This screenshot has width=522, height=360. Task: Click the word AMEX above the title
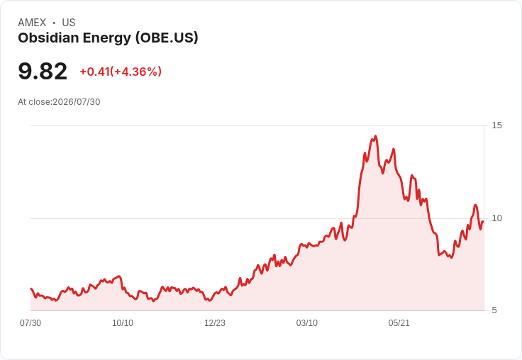pyautogui.click(x=32, y=23)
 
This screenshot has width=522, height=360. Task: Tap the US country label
pyautogui.click(x=69, y=23)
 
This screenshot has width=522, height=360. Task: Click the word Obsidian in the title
pyautogui.click(x=48, y=38)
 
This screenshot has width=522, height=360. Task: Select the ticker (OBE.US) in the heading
pyautogui.click(x=167, y=38)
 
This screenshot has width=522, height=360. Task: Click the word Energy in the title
pyautogui.click(x=107, y=39)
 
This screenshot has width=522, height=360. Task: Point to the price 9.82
pyautogui.click(x=43, y=71)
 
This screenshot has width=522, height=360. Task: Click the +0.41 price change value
pyautogui.click(x=94, y=72)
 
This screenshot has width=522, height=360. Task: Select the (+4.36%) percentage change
pyautogui.click(x=136, y=72)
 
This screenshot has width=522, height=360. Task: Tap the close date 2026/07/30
pyautogui.click(x=77, y=102)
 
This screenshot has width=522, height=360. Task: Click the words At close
pyautogui.click(x=35, y=102)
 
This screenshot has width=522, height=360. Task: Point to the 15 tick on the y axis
pyautogui.click(x=496, y=125)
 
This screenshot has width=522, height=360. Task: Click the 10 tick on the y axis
pyautogui.click(x=496, y=218)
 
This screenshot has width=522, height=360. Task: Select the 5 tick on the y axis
pyautogui.click(x=494, y=310)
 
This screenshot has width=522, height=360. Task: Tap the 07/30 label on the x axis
pyautogui.click(x=30, y=323)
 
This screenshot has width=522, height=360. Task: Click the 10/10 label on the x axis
pyautogui.click(x=123, y=323)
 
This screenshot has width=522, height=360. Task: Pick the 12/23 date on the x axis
pyautogui.click(x=215, y=323)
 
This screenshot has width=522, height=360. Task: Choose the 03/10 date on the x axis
pyautogui.click(x=307, y=323)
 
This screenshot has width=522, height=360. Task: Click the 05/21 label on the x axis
pyautogui.click(x=399, y=323)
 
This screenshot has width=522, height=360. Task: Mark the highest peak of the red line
pyautogui.click(x=375, y=136)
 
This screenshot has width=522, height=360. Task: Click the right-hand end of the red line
pyautogui.click(x=483, y=222)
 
